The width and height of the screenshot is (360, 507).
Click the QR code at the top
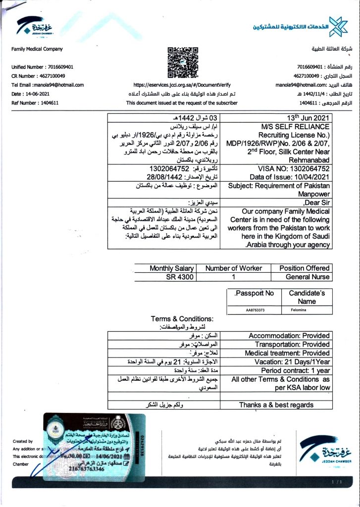[183, 63]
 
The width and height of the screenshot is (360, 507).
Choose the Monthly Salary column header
[172, 268]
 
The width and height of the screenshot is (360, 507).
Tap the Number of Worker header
[233, 268]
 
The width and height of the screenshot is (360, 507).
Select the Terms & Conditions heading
[182, 319]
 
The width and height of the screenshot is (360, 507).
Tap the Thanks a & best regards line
[276, 405]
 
